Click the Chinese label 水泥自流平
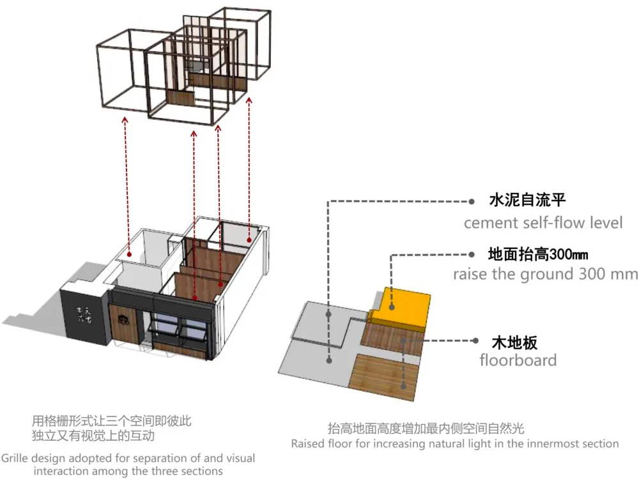point(527,201)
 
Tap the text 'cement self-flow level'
point(543,223)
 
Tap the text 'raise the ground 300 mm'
point(545,274)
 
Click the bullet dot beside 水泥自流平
point(472,201)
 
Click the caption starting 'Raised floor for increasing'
point(455,443)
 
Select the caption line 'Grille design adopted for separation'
point(128,458)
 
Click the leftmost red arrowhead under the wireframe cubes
point(125,119)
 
